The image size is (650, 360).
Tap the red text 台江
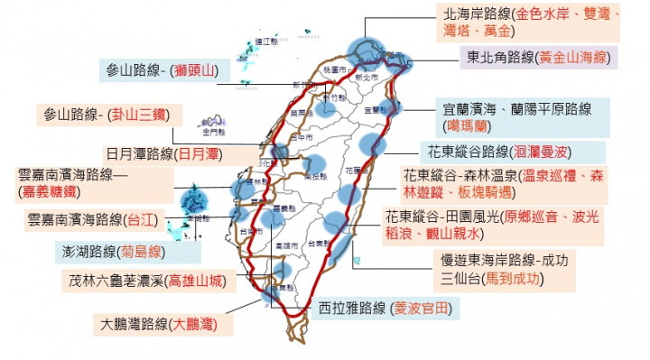tap(139, 218)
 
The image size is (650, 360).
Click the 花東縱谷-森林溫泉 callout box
tap(501, 185)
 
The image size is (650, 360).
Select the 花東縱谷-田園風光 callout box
tap(492, 226)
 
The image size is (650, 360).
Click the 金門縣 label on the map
tap(214, 117)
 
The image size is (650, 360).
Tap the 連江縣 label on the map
tap(264, 42)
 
